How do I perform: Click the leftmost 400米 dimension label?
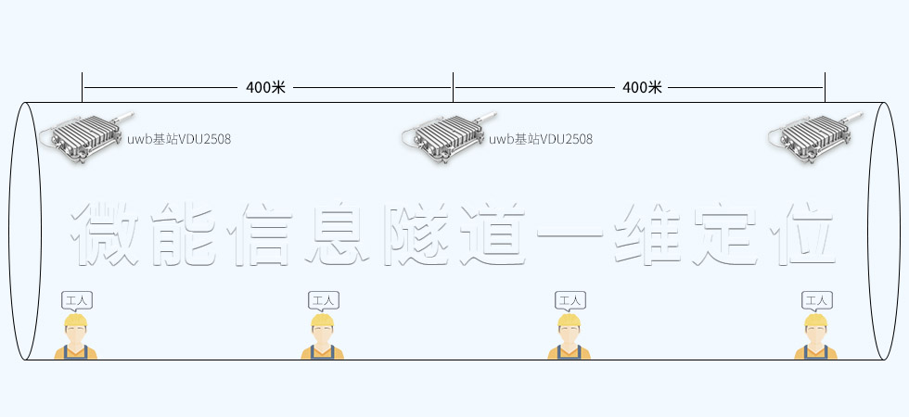(265, 87)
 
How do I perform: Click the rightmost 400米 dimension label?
(642, 87)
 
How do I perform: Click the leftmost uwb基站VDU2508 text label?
(179, 140)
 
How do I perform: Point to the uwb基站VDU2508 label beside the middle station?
(541, 140)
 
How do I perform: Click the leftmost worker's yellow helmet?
(75, 321)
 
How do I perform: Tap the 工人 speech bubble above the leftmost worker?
(76, 300)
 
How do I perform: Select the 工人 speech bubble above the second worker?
(323, 300)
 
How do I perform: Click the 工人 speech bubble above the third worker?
(570, 300)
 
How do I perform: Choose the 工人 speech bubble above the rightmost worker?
(816, 300)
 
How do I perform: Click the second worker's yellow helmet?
(322, 321)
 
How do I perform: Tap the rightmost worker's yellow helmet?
(815, 321)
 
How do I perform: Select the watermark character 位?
(800, 232)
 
